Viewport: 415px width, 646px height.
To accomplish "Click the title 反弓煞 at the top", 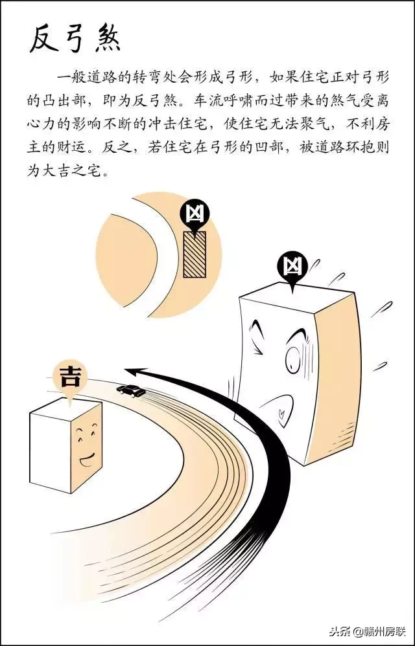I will (75, 40).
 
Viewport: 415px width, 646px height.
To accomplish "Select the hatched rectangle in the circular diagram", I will (194, 254).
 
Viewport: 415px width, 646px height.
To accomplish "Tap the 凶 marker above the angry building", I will (292, 266).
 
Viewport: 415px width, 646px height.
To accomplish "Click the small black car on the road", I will (130, 390).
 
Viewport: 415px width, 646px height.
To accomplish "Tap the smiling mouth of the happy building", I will (86, 462).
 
